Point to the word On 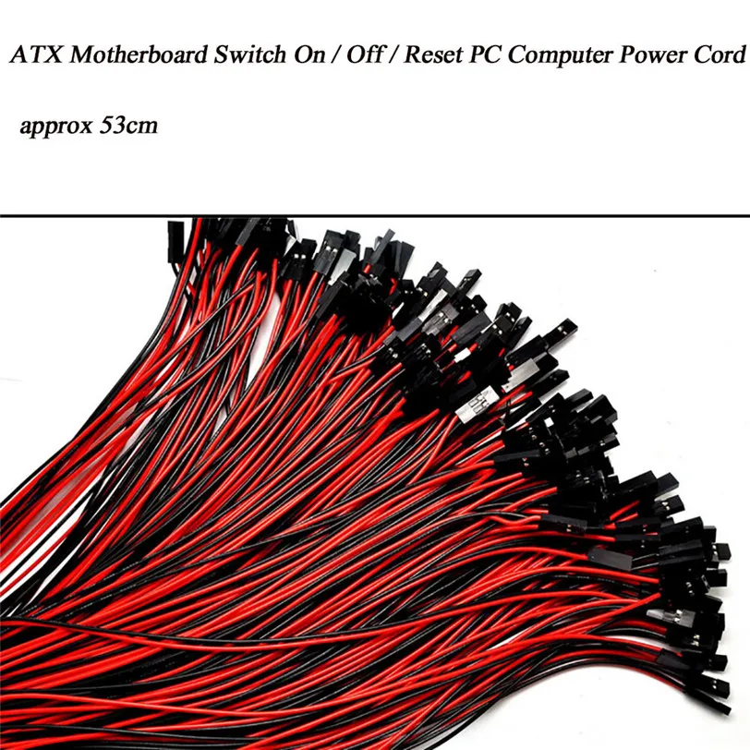click(293, 55)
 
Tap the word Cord click(719, 55)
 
